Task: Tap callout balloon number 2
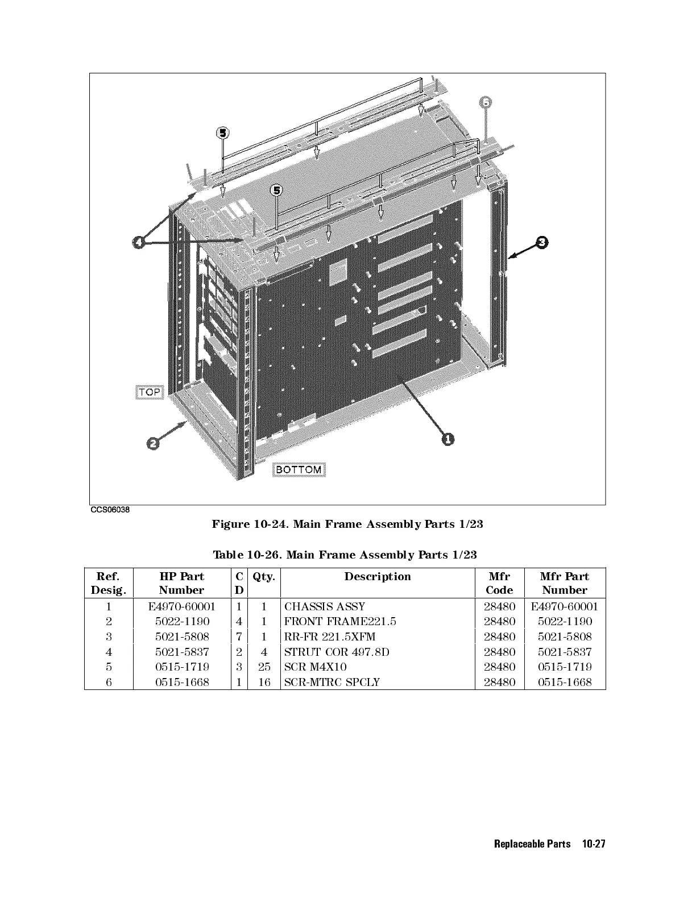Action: coord(152,443)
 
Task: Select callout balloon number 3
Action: coord(542,242)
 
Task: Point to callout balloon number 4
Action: coord(139,243)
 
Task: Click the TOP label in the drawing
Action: coord(150,392)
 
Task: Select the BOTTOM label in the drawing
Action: coord(299,470)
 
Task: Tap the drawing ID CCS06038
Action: coord(110,510)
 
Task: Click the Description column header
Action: coord(378,577)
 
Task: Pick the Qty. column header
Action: coord(264,577)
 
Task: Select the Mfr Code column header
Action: coord(499,583)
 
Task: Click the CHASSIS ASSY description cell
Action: coord(325,606)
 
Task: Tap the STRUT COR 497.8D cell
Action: coord(337,652)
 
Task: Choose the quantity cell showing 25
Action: coord(264,667)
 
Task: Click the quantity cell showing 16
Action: coord(264,681)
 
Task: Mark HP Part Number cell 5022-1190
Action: coord(182,622)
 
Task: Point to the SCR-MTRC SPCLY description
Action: coord(332,681)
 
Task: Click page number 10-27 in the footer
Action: coord(594,844)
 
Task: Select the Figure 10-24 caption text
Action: coord(347,524)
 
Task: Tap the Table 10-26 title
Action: coord(345,555)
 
